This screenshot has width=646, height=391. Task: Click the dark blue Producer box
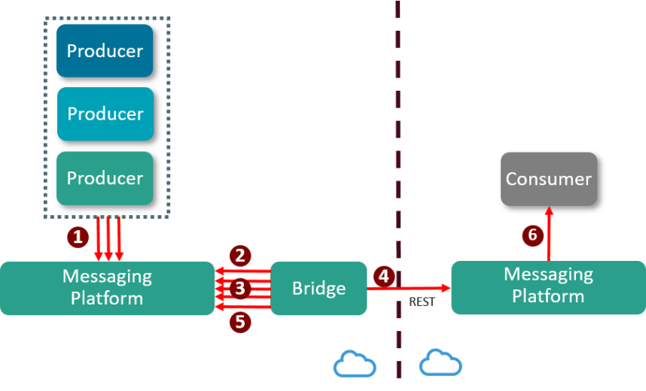pos(105,51)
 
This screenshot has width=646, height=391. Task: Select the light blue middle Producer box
pos(105,114)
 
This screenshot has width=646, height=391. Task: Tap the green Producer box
pos(105,178)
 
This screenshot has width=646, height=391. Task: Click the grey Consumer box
pos(549,179)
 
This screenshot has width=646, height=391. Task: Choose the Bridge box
pos(318,288)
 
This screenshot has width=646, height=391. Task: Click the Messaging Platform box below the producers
pos(107,287)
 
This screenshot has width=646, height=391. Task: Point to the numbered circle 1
pos(78,237)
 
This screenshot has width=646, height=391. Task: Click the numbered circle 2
pos(240,256)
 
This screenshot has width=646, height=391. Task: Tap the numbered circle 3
pos(240,288)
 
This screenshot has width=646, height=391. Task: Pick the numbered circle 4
pos(384,276)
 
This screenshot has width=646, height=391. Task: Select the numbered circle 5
pos(240,322)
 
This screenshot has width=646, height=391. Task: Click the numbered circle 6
pos(532,235)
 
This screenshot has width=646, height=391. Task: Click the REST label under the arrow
pos(423,302)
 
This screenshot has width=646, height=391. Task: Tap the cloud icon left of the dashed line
pos(355,364)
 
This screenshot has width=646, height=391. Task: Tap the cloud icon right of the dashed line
pos(440,364)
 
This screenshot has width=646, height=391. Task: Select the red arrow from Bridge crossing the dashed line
pos(410,288)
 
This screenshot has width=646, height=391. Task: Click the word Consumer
pos(549,179)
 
